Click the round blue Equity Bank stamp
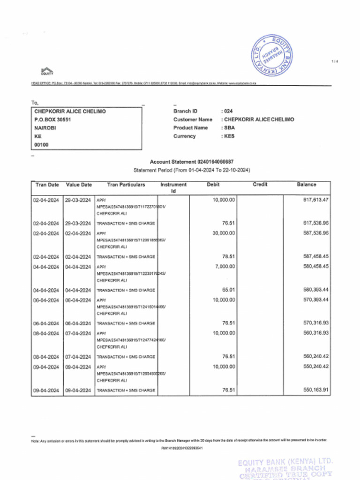tap(272, 56)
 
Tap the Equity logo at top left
tap(47, 71)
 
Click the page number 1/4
tap(334, 62)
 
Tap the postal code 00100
tap(41, 145)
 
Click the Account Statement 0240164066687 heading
tap(191, 162)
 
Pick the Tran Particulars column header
tap(126, 185)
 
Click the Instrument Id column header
tap(173, 187)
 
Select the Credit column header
tap(260, 185)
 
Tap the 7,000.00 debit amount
tap(225, 266)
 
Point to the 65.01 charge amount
tap(228, 290)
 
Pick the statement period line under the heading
tap(192, 170)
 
